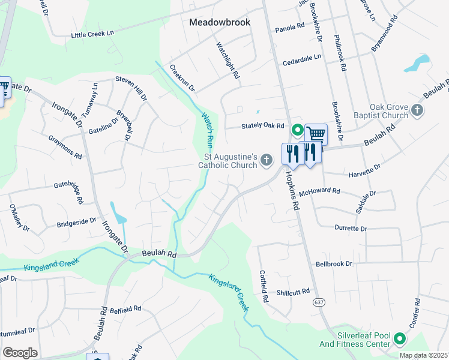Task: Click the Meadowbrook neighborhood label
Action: pos(219,22)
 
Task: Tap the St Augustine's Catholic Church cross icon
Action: pos(267,160)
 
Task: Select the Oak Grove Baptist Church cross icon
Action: pos(418,110)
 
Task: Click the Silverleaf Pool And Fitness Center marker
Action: pos(399,340)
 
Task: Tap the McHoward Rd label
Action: pos(319,191)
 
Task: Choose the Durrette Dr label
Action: pos(351,229)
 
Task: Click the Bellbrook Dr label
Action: pos(334,264)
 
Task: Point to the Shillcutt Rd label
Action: pos(293,292)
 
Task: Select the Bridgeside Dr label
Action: pos(76,221)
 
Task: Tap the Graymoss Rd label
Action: pos(65,147)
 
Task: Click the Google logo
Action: pos(20,353)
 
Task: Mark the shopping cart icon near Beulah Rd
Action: pos(316,134)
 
